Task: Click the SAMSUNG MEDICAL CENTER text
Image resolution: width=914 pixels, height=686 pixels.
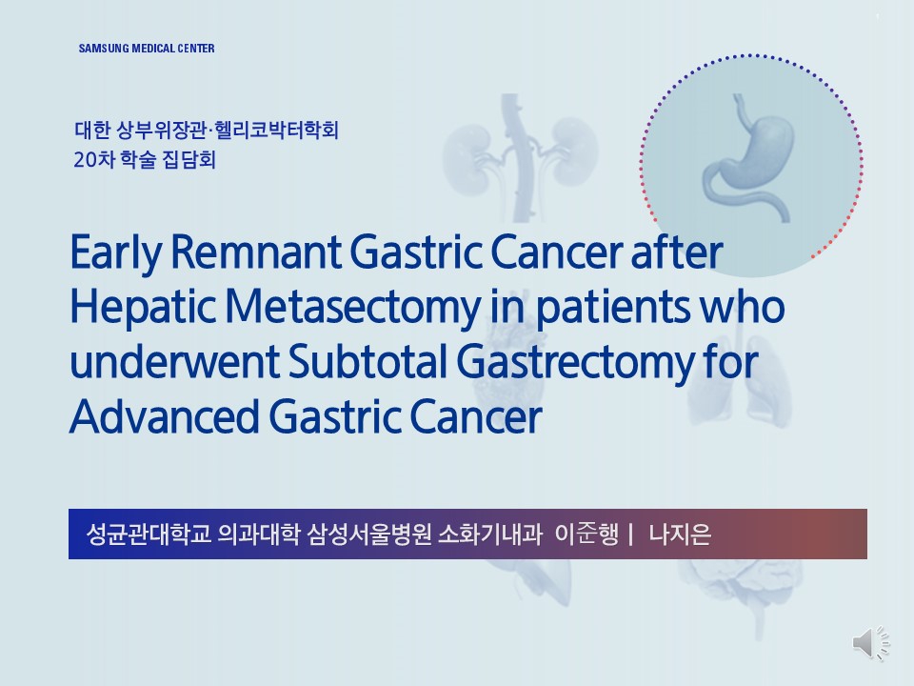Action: click(x=147, y=49)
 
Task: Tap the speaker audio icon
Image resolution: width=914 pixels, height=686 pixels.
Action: click(x=871, y=643)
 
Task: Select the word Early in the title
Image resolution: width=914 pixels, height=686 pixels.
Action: click(x=115, y=252)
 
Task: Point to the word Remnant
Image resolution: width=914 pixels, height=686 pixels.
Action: click(x=256, y=252)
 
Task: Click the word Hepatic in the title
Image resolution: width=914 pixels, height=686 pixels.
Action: click(x=142, y=308)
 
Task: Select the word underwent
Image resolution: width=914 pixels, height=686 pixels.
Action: click(x=174, y=361)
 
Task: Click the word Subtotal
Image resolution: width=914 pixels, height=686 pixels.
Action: click(x=368, y=361)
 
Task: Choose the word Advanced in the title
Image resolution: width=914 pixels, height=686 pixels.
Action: click(x=165, y=416)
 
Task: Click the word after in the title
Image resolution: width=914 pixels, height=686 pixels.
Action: click(x=677, y=252)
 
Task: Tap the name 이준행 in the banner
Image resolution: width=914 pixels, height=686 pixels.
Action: click(x=586, y=534)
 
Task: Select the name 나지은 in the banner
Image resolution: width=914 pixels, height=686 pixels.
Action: click(x=680, y=534)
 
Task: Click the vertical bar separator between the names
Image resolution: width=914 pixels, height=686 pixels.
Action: click(x=631, y=534)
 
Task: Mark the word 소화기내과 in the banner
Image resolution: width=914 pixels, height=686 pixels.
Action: click(x=489, y=534)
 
